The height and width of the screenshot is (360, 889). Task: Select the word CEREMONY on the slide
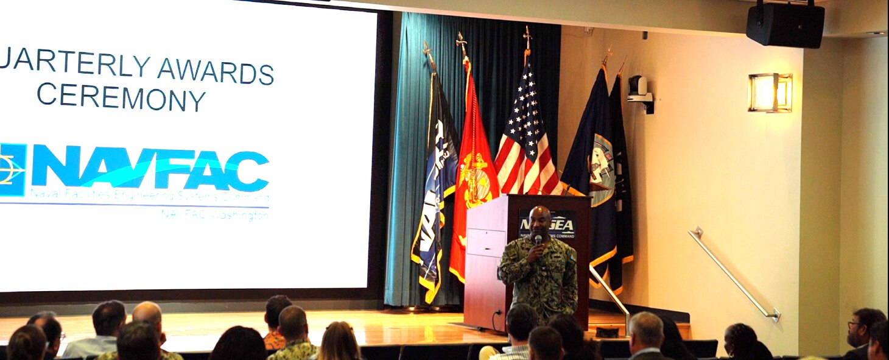coord(121,97)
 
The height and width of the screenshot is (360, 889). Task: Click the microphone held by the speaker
coord(538,240)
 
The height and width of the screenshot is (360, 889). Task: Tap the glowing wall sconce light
coord(770,93)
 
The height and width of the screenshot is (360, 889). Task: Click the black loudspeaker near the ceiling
coord(785,25)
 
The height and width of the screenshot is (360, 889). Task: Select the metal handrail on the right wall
coord(734,274)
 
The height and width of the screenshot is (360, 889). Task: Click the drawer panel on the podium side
coord(485,242)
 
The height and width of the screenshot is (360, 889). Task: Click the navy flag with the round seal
coord(594,164)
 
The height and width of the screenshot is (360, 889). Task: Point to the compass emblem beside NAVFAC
coord(11,169)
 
